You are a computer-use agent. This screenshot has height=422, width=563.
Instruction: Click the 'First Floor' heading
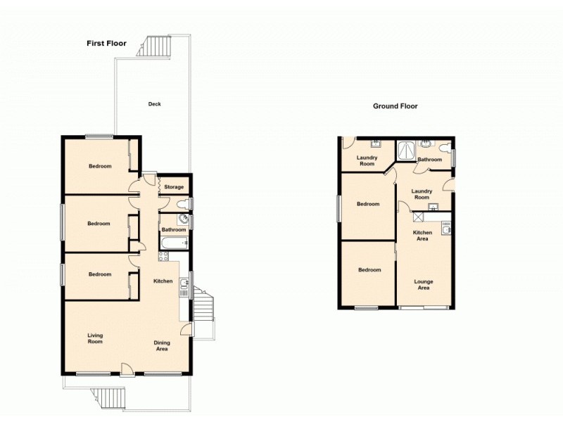106,44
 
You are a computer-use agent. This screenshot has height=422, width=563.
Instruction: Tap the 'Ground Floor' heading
395,106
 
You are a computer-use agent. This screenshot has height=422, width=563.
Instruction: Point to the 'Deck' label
154,104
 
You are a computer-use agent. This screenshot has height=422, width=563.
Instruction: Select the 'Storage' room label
174,187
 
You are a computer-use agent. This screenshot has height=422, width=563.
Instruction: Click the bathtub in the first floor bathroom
173,244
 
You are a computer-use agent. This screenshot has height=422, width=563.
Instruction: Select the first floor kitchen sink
184,284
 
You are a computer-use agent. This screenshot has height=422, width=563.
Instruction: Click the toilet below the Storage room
183,205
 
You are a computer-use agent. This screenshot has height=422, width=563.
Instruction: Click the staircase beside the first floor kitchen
203,308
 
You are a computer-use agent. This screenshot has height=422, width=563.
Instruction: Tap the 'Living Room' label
95,338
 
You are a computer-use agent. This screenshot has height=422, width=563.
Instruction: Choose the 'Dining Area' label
161,345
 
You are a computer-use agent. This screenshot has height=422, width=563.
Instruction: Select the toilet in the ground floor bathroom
443,148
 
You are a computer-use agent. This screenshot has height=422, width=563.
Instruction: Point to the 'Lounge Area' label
423,284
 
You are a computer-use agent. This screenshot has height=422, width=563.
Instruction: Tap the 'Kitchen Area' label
421,236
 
